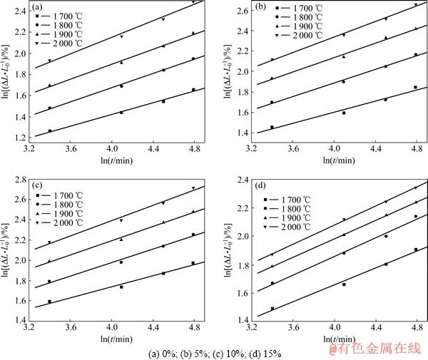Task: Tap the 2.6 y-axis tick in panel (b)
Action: (x=238, y=11)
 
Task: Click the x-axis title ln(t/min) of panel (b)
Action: (x=334, y=162)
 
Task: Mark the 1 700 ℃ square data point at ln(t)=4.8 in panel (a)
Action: (x=193, y=90)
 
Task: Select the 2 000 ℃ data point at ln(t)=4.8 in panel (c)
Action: (x=193, y=188)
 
